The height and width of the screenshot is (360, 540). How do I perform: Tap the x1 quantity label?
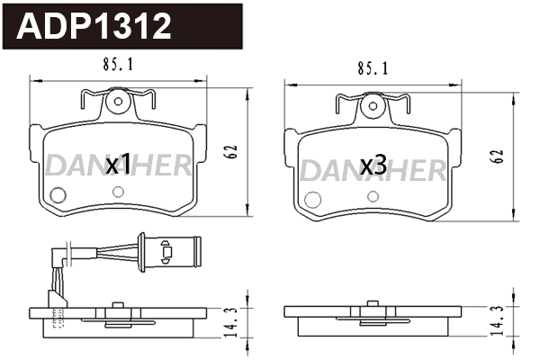[x=119, y=165]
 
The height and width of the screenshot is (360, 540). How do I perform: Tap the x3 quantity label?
[x=373, y=166]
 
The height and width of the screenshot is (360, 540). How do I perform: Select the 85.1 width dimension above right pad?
[x=373, y=67]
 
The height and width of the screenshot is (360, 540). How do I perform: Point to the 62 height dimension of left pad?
[x=231, y=151]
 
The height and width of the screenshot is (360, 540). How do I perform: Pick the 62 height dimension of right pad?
[x=497, y=155]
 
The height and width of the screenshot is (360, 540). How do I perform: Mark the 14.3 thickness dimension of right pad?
[x=496, y=321]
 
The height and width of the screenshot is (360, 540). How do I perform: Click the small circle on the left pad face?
[x=59, y=193]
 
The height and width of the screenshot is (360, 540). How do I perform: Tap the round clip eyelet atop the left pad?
[x=117, y=102]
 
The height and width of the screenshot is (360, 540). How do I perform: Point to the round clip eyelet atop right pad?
[x=371, y=106]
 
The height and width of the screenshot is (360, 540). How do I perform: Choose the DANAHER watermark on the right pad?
[x=372, y=169]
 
